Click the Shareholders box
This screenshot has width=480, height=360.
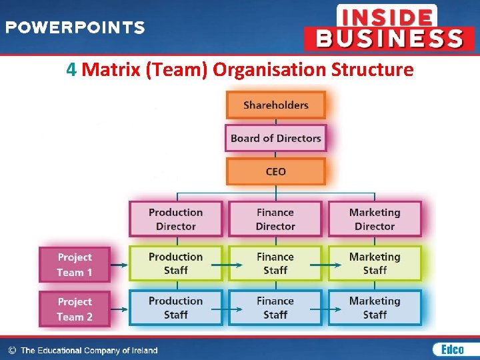tap(275, 105)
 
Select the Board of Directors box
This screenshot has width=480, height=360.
tap(275, 139)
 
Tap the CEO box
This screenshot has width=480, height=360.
tap(275, 171)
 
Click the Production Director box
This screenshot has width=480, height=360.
tap(175, 219)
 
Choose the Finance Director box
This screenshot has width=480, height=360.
tap(275, 219)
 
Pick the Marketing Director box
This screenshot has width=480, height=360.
tap(375, 219)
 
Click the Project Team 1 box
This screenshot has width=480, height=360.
tap(75, 264)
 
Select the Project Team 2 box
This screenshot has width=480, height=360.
tap(75, 309)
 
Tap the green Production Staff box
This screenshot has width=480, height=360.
tap(175, 263)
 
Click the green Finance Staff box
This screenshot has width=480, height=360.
tap(275, 263)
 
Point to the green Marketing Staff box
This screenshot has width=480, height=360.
tap(375, 263)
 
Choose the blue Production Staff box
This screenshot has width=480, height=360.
tap(175, 307)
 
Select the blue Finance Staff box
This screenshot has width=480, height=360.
tap(275, 307)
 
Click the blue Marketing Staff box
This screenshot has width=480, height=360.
tap(375, 307)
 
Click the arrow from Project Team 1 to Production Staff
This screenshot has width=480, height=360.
tap(119, 265)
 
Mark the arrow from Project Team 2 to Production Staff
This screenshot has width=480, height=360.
tap(119, 309)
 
